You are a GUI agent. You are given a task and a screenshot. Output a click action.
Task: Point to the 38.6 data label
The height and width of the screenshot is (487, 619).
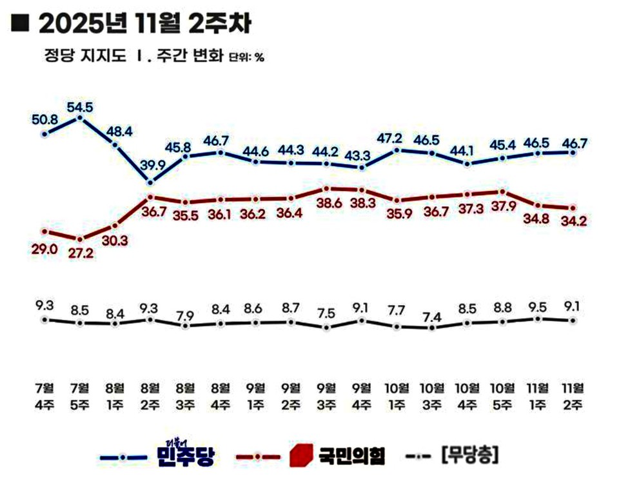327,202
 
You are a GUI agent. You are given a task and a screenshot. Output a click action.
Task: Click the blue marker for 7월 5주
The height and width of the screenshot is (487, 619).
80,117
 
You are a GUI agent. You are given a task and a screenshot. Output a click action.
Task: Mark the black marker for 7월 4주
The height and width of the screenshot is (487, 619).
44,319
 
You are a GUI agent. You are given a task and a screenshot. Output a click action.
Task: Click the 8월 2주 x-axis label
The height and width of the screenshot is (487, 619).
150,395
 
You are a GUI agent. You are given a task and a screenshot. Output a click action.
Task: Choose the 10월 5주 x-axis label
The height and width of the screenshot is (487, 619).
502,395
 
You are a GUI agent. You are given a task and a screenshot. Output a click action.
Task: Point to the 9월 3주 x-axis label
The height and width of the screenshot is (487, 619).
327,395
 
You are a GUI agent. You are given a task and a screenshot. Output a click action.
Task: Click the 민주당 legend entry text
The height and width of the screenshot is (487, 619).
184,455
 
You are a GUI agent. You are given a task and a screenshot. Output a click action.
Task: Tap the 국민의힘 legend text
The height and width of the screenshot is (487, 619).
352,457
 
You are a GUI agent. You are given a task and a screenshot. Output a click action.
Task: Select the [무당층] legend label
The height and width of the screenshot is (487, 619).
469,456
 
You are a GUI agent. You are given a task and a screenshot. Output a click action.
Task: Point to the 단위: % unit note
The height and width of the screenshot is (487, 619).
246,57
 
